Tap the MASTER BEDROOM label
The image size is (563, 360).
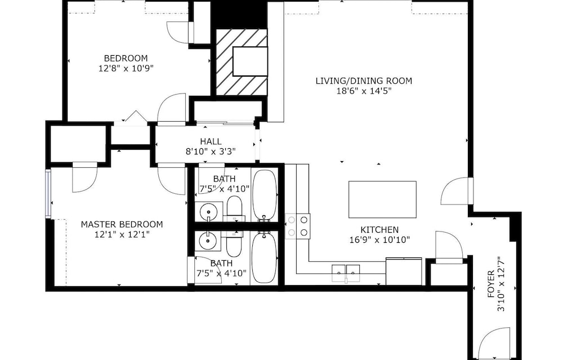[x=122, y=225]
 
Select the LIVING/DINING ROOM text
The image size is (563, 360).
[x=364, y=81]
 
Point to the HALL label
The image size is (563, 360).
[x=211, y=141]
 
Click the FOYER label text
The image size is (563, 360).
[x=491, y=284]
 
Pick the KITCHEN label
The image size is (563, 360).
[x=379, y=230]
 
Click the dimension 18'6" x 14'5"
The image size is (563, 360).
[x=364, y=91]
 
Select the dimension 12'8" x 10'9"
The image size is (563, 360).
[x=126, y=68]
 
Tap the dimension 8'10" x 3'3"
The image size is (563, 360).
[x=211, y=152]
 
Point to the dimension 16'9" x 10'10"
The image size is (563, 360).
[x=379, y=239]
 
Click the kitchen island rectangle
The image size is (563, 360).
[x=382, y=199]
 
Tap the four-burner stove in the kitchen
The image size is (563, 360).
[x=298, y=226]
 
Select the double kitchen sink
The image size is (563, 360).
[x=346, y=273]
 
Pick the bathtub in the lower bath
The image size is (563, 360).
[x=264, y=257]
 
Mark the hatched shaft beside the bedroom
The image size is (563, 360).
[x=242, y=62]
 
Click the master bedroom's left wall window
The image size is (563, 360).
[x=48, y=193]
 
